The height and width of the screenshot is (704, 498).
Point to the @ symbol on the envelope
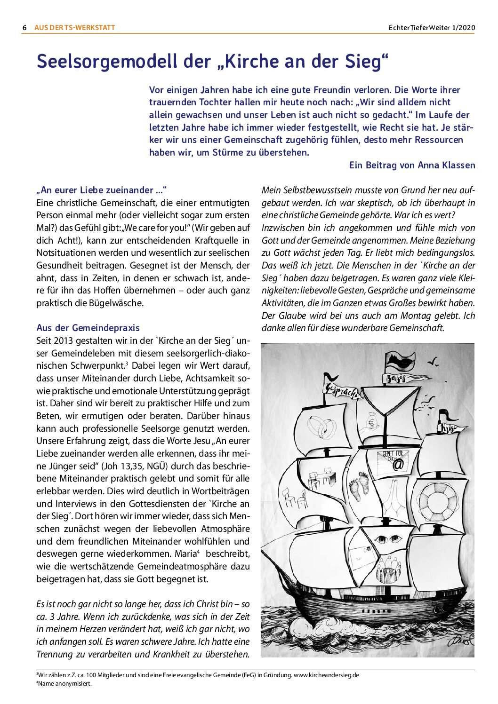click(398, 465)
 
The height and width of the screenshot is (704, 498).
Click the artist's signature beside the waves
click(460, 640)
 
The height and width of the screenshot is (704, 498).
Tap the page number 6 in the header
click(24, 28)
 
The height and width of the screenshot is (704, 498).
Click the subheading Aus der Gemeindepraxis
click(88, 328)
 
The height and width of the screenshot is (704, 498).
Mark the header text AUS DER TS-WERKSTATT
click(74, 28)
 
